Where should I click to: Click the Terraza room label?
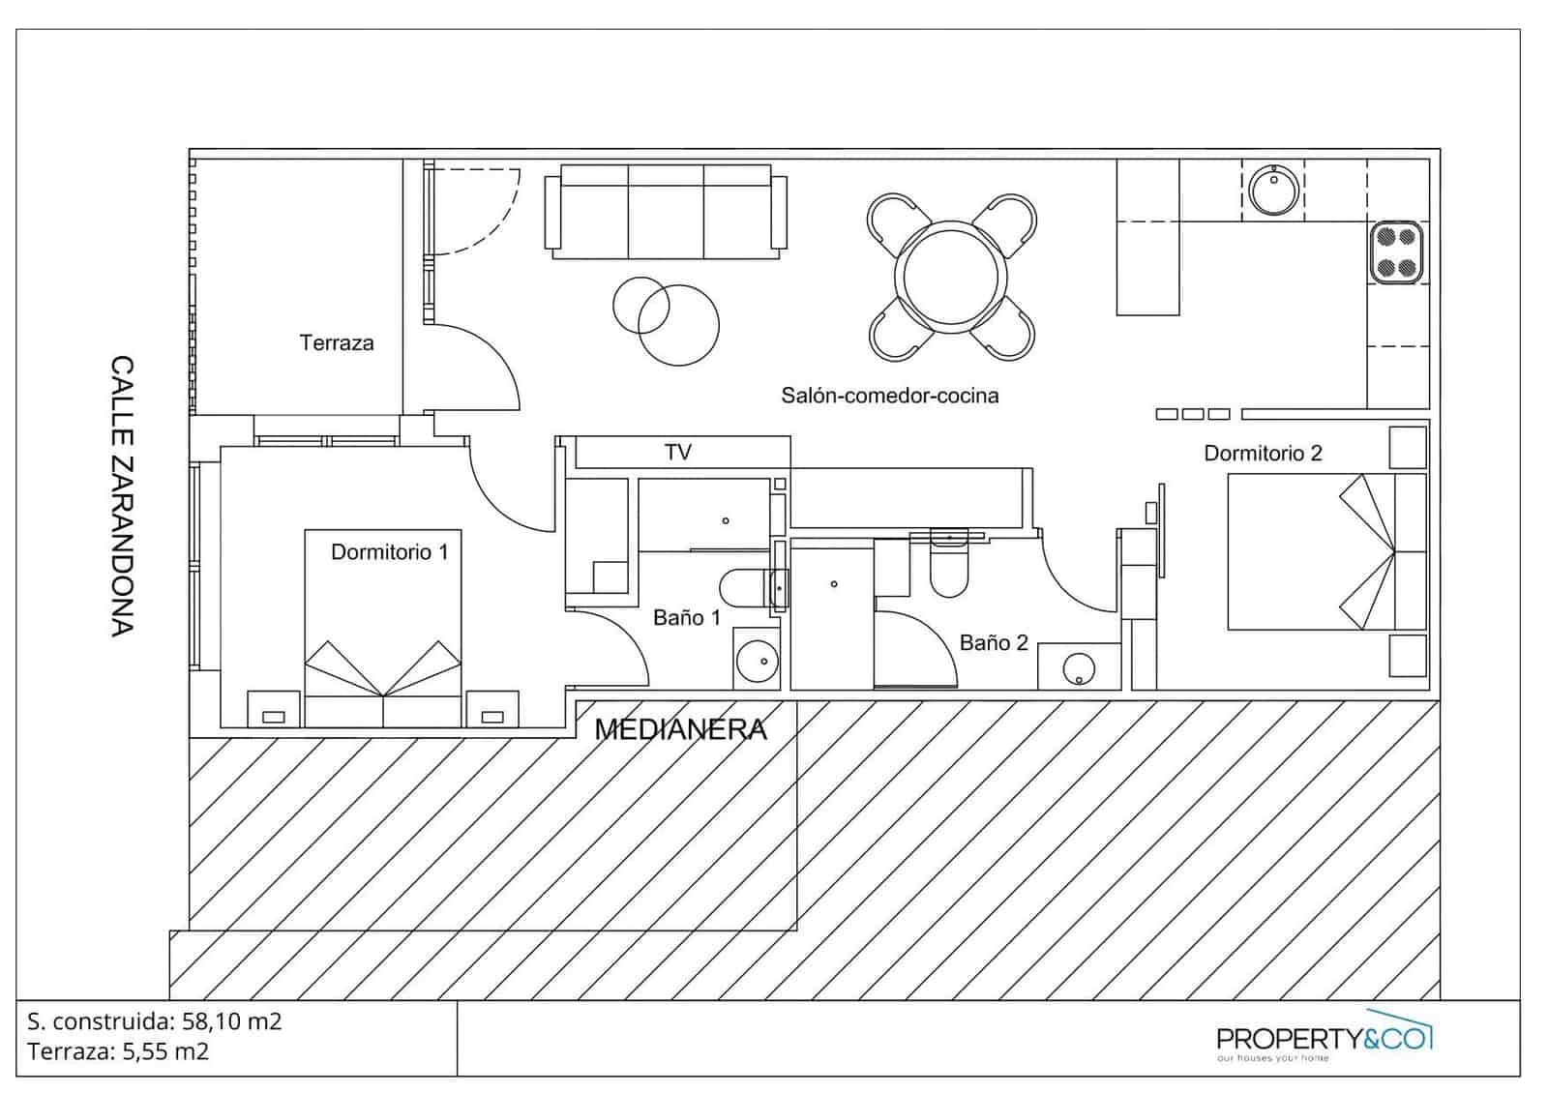[x=336, y=342]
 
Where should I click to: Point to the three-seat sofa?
[x=666, y=211]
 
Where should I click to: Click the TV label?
[x=678, y=452]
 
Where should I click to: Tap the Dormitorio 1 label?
[x=389, y=552]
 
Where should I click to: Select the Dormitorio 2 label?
[x=1263, y=453]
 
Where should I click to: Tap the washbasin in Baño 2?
[x=1079, y=668]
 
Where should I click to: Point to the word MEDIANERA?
[x=680, y=729]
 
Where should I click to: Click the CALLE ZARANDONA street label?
[x=122, y=496]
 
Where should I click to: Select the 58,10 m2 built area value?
[x=232, y=1021]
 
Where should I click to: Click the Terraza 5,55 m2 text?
[x=118, y=1051]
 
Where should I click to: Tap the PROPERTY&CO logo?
[x=1324, y=1039]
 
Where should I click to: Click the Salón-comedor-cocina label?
[x=889, y=395]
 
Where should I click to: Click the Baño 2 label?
[x=993, y=642]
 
